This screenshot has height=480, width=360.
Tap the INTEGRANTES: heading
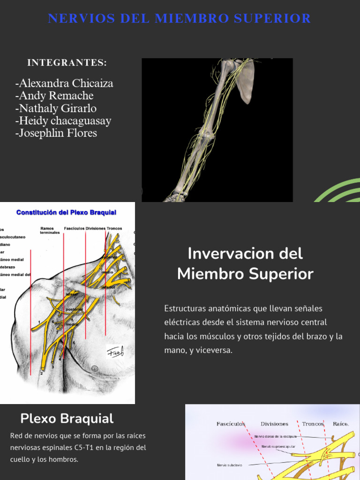pos(67,63)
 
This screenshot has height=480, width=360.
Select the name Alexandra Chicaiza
pos(64,83)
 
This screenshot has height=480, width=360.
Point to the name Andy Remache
pos(54,96)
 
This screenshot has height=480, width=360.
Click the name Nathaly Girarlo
pos(56,108)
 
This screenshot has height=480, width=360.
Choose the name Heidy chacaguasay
pos(63,120)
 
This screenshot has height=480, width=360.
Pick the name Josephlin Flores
pos(56,133)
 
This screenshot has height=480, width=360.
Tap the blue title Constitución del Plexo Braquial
pos(66,212)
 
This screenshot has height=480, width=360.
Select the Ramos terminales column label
pos(50,230)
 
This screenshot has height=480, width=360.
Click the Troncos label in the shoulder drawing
pos(114,228)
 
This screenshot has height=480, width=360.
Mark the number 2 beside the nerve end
pos(42,373)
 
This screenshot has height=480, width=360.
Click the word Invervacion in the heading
pos(224,254)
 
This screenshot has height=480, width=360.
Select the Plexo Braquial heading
pos(67,419)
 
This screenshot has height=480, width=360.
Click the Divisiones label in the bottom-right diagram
pos(274,424)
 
